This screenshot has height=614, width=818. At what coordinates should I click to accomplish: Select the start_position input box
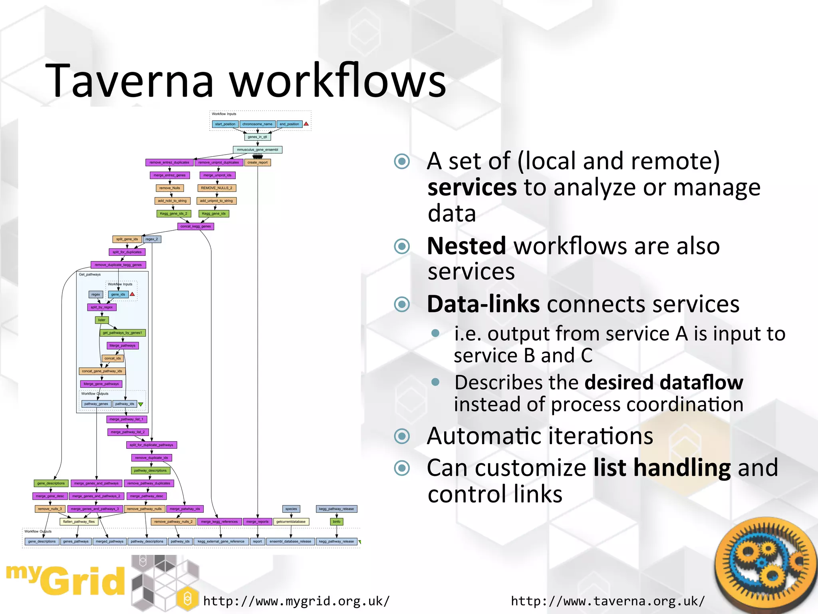225,124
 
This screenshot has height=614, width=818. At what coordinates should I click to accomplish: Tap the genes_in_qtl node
257,137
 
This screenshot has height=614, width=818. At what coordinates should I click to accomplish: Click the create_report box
257,162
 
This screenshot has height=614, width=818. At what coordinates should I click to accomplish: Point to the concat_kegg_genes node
195,226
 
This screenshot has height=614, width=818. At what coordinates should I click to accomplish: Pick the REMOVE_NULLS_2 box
216,188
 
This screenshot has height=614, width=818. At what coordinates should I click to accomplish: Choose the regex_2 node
152,239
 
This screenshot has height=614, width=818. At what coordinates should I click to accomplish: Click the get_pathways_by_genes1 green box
122,333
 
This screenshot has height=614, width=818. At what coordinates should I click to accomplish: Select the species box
291,509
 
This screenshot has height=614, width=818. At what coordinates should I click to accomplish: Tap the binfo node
337,522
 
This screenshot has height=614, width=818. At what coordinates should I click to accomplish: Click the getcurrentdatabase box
291,522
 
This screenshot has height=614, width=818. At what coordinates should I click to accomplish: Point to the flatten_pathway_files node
79,522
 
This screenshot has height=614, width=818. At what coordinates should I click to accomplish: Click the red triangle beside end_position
306,124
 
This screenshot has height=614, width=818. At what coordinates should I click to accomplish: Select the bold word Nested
466,246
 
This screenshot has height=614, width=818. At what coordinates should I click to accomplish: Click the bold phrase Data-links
483,304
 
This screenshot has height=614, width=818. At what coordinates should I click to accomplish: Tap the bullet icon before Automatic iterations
402,436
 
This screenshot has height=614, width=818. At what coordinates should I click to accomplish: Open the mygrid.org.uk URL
296,601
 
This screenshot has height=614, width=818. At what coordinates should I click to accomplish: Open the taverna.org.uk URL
608,601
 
